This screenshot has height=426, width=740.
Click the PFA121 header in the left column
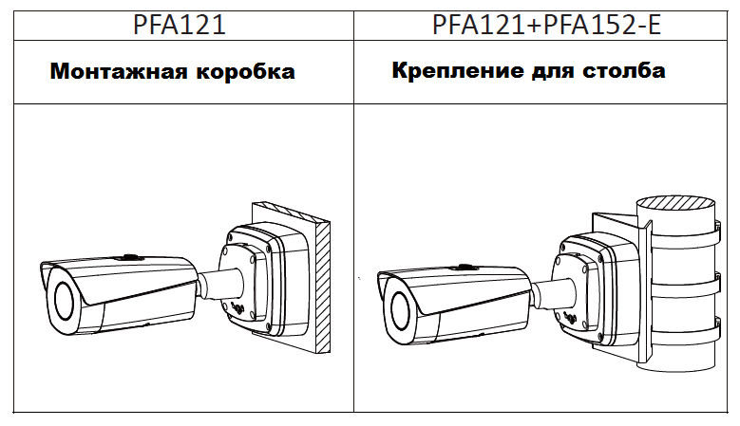(180, 26)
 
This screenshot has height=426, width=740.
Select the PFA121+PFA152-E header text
(546, 26)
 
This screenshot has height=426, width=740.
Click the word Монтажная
(119, 72)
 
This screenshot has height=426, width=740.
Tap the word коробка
(245, 72)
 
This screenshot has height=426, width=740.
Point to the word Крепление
(457, 71)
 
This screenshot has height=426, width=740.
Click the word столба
(624, 71)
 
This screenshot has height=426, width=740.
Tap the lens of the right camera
(399, 311)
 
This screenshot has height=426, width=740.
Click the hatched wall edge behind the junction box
(323, 287)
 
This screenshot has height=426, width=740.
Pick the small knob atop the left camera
(128, 257)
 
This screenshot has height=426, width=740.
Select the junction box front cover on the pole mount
(577, 288)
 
